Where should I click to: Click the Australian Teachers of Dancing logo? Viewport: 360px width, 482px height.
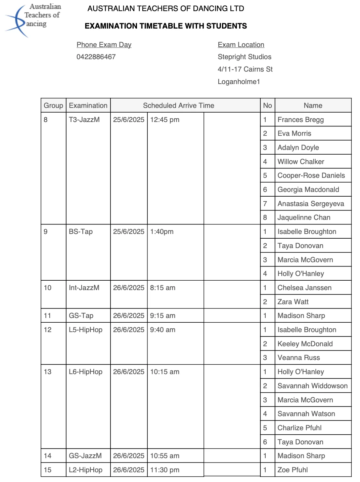[33, 19]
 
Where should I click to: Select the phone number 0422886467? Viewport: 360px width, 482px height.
[96, 57]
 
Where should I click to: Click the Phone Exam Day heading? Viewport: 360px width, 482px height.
[104, 45]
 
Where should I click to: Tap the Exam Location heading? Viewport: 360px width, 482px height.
[241, 45]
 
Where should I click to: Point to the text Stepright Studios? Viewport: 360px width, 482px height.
[244, 57]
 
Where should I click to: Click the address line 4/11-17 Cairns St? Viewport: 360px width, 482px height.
[245, 69]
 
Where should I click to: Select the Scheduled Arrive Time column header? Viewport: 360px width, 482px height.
[178, 106]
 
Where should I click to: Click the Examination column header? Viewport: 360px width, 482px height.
[88, 106]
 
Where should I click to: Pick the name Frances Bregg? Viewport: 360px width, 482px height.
[301, 120]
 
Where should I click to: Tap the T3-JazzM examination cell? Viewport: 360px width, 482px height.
[84, 120]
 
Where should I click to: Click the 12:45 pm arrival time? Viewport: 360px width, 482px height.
[165, 120]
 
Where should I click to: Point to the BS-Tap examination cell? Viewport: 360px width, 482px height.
[81, 232]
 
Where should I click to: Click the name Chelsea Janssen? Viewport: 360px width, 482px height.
[304, 288]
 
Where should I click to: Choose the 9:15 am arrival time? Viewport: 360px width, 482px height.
[163, 316]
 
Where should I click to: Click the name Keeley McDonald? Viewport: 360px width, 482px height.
[305, 344]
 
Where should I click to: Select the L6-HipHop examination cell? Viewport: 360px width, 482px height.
[86, 372]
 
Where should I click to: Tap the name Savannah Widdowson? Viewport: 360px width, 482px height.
[312, 386]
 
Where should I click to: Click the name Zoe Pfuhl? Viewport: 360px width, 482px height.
[292, 470]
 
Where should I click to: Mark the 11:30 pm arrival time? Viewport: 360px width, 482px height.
[165, 470]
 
